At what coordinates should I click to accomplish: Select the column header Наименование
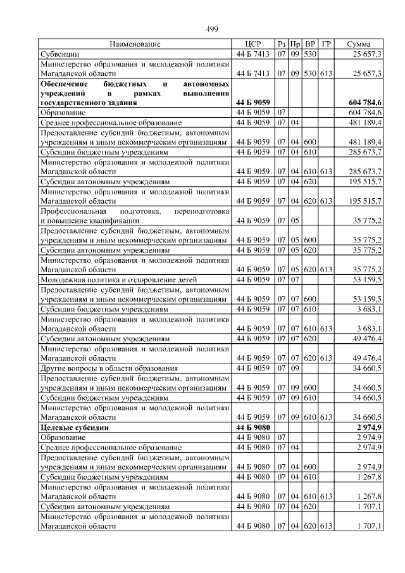[135, 44]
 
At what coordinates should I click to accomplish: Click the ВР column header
[310, 44]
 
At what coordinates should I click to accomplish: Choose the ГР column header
[326, 44]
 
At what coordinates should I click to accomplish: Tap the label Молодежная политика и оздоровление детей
[119, 279]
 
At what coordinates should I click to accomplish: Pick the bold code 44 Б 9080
[252, 427]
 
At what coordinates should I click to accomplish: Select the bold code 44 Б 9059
[252, 102]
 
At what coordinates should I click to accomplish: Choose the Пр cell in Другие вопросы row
[295, 367]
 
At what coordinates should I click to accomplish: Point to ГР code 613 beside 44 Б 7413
[326, 73]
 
